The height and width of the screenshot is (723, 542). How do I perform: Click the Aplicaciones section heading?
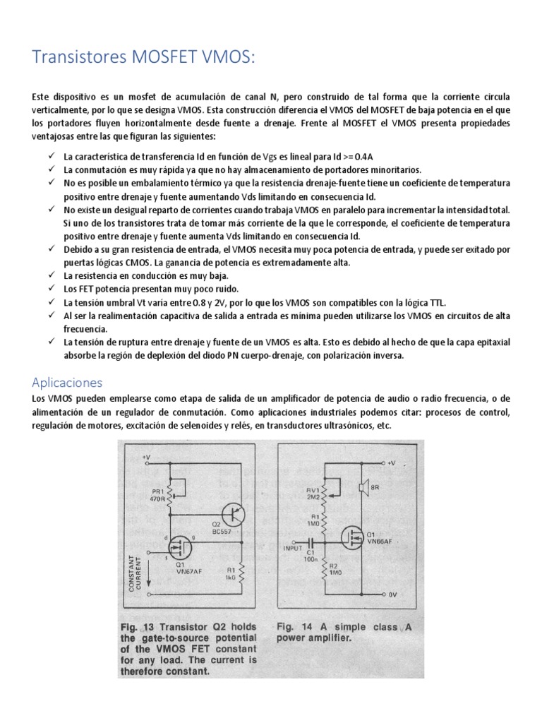(67, 382)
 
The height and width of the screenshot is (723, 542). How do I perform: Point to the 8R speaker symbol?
(363, 486)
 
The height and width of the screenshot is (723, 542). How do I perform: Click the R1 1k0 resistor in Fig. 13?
(242, 572)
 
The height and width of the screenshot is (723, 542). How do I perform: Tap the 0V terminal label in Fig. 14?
(392, 594)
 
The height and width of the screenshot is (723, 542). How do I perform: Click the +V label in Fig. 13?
(145, 457)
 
